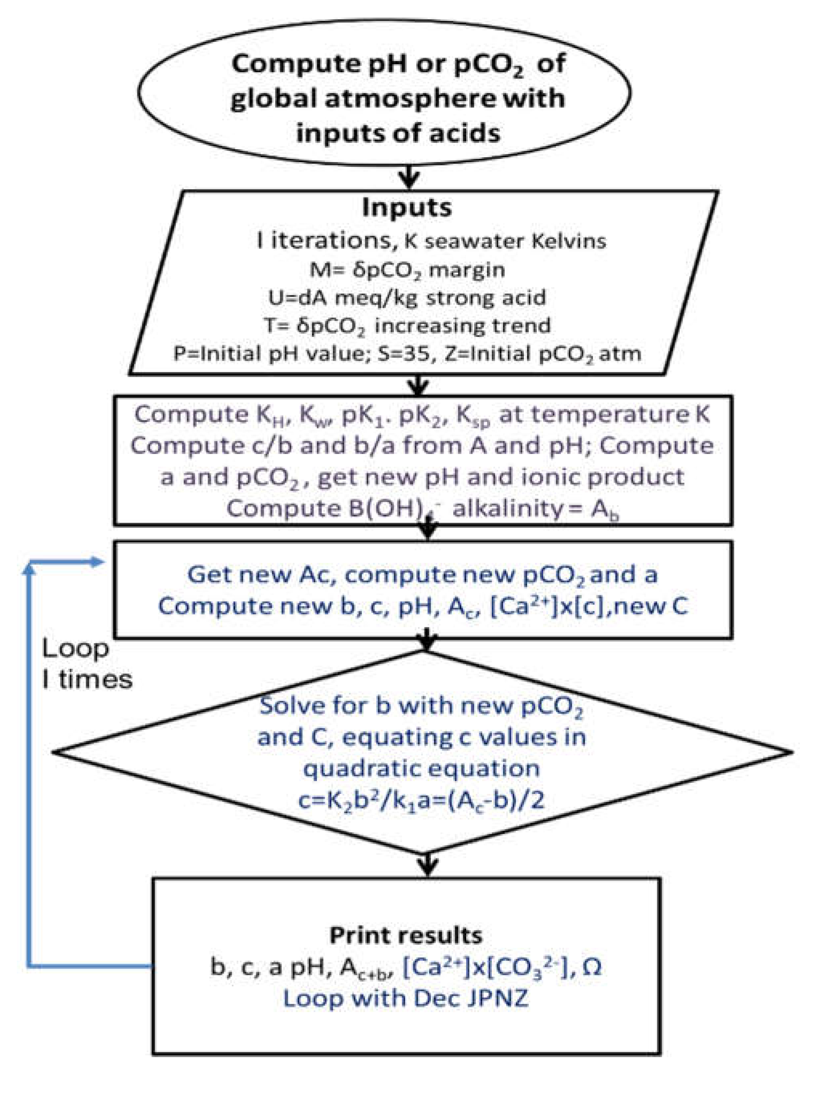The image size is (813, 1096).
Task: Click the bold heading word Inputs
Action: (406, 208)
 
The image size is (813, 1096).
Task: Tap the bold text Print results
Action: (406, 935)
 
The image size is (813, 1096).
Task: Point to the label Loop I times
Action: (87, 664)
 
